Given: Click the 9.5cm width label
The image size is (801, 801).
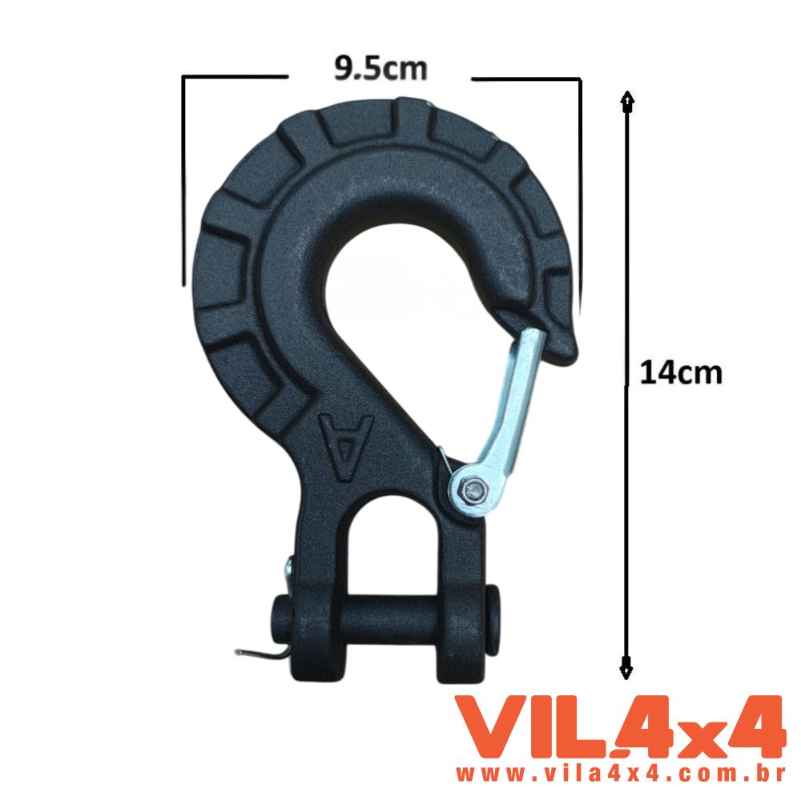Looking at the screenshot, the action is click(380, 68).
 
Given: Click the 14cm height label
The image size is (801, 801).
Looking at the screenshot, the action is click(681, 372).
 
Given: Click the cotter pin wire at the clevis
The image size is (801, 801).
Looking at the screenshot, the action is click(260, 652).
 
